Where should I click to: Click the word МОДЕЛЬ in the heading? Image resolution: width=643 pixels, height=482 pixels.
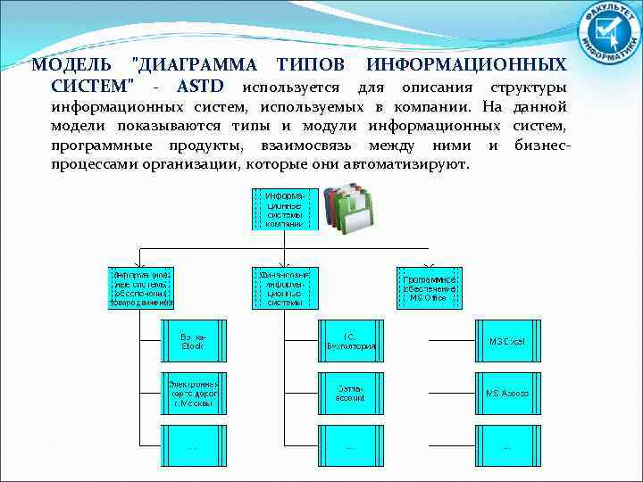point(71,65)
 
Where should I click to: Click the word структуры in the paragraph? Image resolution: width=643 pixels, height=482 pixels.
point(528,87)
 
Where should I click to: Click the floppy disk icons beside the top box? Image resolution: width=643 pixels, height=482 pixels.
point(347,208)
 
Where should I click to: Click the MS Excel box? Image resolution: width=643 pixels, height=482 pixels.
point(506,341)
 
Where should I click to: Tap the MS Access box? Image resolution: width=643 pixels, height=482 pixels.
point(506,393)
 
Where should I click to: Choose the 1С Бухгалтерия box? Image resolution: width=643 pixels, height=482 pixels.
point(350,341)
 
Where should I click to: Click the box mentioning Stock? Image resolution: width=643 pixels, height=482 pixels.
point(193,341)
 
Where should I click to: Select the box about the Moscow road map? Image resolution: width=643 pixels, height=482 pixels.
point(193,393)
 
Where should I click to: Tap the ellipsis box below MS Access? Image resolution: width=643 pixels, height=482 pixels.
point(506,445)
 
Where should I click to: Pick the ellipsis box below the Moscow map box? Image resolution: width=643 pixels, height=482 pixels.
point(193,445)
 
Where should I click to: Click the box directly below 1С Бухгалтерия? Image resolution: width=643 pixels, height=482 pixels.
point(350,393)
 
